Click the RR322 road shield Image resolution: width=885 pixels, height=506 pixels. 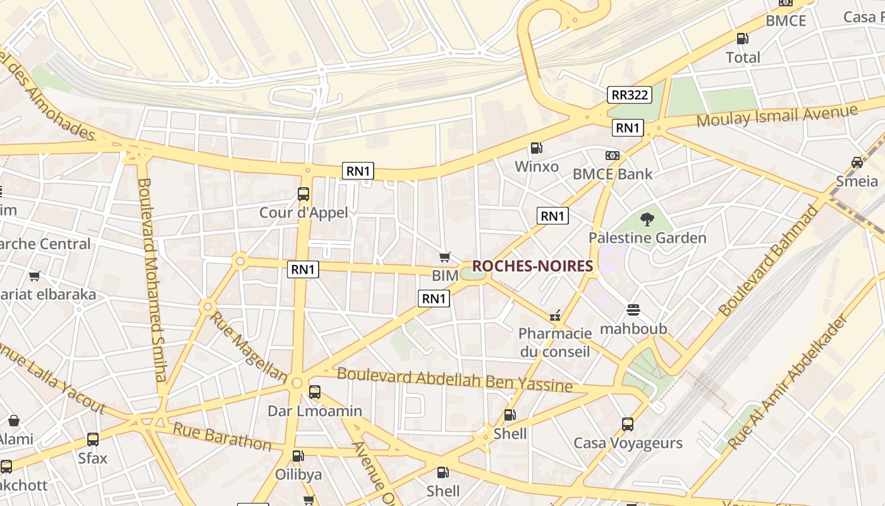(630, 95)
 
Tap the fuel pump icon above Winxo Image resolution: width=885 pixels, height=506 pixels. (536, 148)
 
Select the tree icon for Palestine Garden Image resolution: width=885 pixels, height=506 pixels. (647, 219)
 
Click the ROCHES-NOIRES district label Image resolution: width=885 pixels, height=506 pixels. (532, 266)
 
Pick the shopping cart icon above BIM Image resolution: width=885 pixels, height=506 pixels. (445, 257)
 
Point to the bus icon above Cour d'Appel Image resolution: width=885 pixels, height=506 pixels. (303, 194)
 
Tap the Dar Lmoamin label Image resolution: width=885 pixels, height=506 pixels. (315, 411)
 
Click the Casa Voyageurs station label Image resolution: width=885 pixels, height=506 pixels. (628, 443)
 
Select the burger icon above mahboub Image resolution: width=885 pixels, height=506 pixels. (633, 310)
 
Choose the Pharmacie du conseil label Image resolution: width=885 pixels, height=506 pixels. (555, 342)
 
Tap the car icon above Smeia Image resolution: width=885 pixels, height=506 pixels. (857, 162)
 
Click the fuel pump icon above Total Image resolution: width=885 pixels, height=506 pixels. (743, 38)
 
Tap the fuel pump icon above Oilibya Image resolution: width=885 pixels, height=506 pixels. (298, 455)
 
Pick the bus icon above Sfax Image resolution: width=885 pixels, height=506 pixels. (93, 439)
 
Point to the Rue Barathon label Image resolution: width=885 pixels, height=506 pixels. (222, 437)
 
